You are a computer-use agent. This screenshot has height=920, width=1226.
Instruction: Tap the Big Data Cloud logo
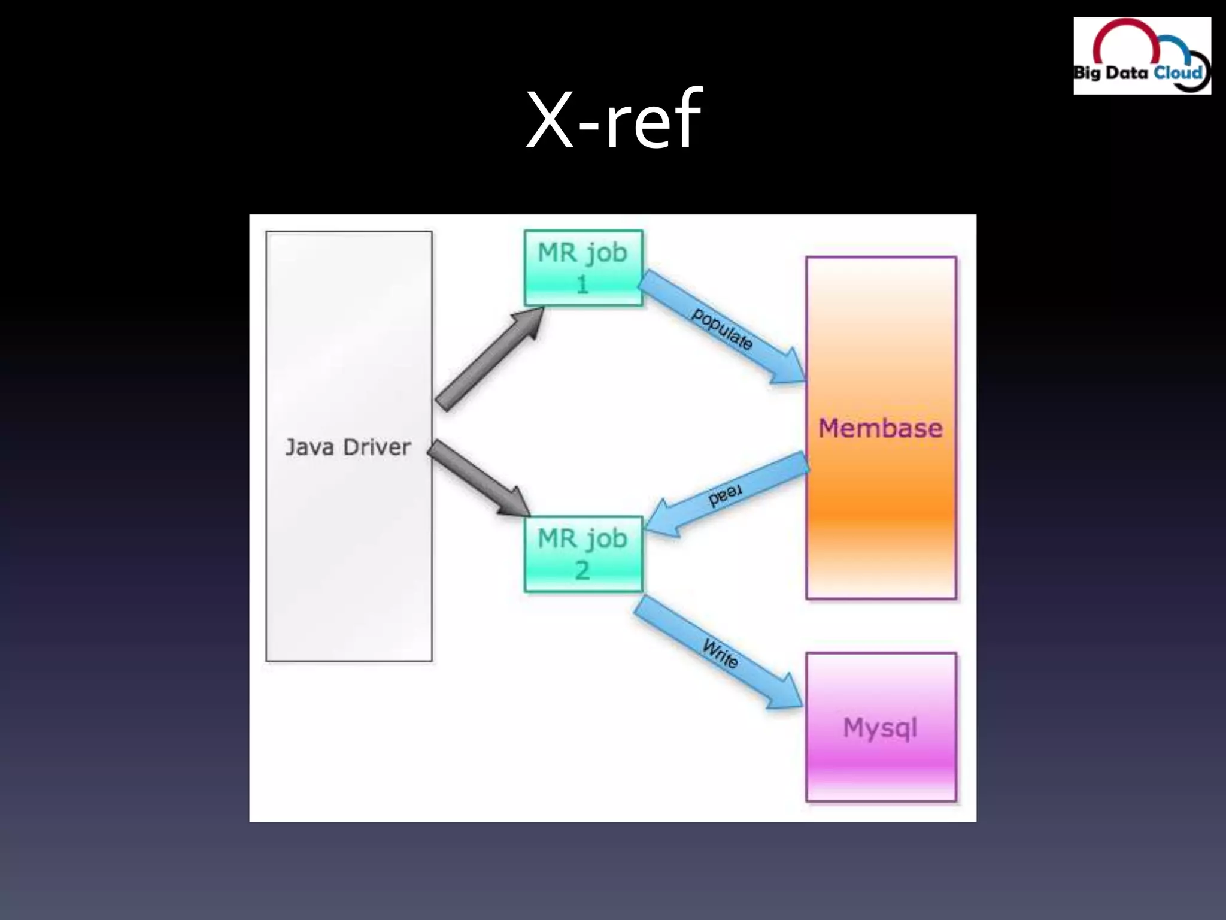1142,56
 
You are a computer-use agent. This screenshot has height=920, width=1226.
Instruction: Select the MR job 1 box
583,268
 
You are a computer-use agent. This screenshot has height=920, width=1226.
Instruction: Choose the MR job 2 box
583,554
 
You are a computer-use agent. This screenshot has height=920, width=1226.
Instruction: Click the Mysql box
881,727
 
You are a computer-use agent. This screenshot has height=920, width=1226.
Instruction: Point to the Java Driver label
348,447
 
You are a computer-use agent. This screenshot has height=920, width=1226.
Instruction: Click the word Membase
881,428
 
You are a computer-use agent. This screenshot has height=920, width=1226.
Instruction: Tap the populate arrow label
722,329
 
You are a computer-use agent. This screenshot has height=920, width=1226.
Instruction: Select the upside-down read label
725,495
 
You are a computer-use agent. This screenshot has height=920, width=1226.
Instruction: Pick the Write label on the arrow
720,653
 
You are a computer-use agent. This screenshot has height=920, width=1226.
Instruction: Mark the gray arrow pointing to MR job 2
479,478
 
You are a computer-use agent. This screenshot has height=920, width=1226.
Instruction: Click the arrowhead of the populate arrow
788,367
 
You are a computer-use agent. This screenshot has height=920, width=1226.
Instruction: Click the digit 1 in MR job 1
582,284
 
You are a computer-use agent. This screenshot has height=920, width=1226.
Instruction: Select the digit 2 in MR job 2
582,570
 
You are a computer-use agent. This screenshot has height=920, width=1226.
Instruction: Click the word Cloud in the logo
1178,73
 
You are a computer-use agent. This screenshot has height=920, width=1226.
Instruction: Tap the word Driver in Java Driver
377,447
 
